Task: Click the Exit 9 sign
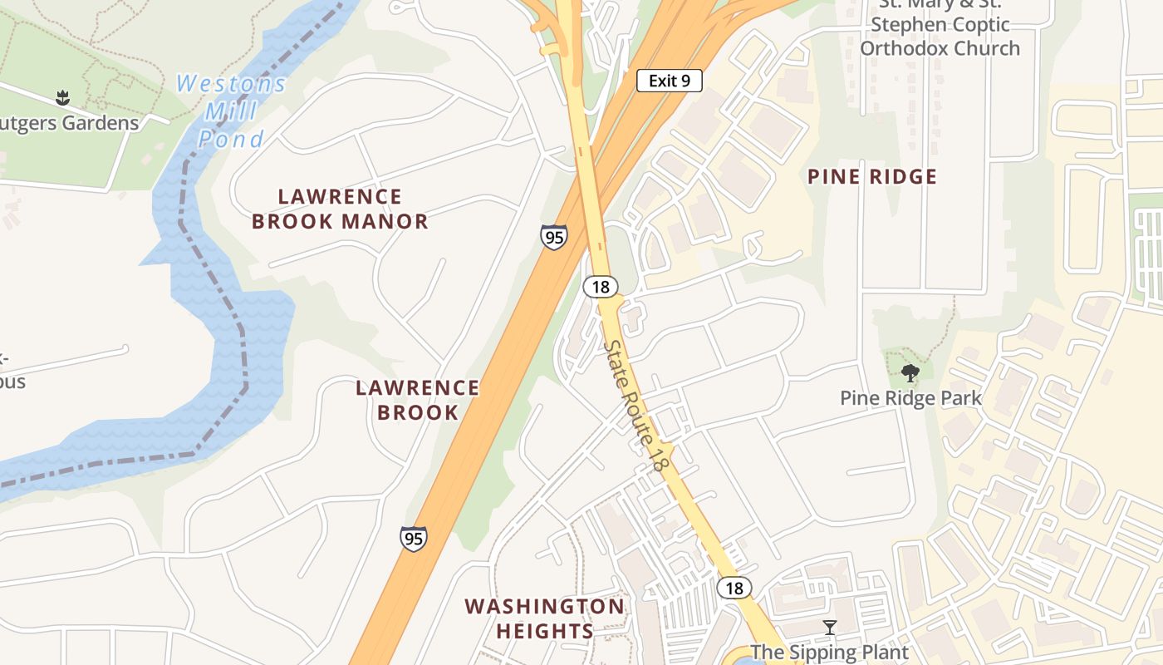[x=670, y=81]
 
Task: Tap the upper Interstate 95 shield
[x=553, y=237]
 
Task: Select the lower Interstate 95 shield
[x=413, y=539]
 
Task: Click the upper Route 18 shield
[x=601, y=288]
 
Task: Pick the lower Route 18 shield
[x=734, y=589]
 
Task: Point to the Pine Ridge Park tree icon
[x=910, y=373]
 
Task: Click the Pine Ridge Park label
[x=910, y=398]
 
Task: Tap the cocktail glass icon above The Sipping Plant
[x=829, y=628]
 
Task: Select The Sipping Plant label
[x=829, y=652]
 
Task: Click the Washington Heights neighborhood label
[x=544, y=618]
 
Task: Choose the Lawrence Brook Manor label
[x=340, y=209]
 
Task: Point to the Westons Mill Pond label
[x=232, y=111]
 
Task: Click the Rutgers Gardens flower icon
[x=62, y=98]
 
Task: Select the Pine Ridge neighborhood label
[x=872, y=176]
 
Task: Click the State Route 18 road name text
[x=635, y=406]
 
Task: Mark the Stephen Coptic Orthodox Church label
[x=940, y=37]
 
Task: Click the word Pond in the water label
[x=232, y=139]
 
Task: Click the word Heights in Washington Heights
[x=544, y=631]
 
